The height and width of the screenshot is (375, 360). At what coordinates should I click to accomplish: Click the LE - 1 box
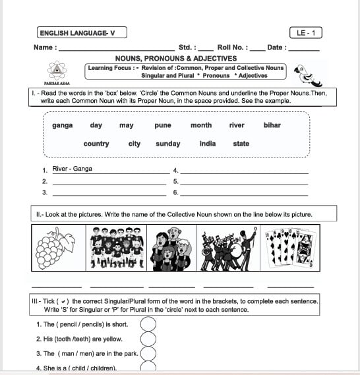pyautogui.click(x=305, y=32)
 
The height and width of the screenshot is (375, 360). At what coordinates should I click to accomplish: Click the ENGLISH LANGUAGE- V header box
pyautogui.click(x=77, y=32)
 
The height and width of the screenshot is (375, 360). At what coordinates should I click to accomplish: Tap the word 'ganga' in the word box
pyautogui.click(x=63, y=125)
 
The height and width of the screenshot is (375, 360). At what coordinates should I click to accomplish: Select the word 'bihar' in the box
pyautogui.click(x=272, y=125)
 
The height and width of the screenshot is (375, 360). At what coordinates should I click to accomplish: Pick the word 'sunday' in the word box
pyautogui.click(x=168, y=144)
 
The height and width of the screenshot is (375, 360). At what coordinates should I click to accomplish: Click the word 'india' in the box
pyautogui.click(x=208, y=144)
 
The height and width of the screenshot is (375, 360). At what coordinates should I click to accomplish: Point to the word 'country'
pyautogui.click(x=96, y=144)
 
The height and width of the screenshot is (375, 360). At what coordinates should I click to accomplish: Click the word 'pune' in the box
pyautogui.click(x=163, y=125)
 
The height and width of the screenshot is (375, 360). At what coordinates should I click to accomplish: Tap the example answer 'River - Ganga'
pyautogui.click(x=73, y=169)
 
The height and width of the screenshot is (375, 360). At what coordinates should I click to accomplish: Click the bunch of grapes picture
pyautogui.click(x=59, y=248)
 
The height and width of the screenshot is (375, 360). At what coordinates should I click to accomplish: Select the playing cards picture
pyautogui.click(x=289, y=248)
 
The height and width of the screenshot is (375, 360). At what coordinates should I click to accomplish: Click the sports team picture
pyautogui.click(x=117, y=248)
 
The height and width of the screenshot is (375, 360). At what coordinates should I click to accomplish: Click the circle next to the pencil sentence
pyautogui.click(x=148, y=324)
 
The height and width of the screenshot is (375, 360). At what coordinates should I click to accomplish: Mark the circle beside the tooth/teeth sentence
pyautogui.click(x=148, y=339)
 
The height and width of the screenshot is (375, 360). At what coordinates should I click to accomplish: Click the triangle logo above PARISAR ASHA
pyautogui.click(x=57, y=71)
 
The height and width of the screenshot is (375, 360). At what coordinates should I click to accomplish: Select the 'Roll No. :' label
pyautogui.click(x=232, y=47)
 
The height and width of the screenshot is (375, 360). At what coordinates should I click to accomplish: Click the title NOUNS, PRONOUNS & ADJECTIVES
pyautogui.click(x=176, y=59)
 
